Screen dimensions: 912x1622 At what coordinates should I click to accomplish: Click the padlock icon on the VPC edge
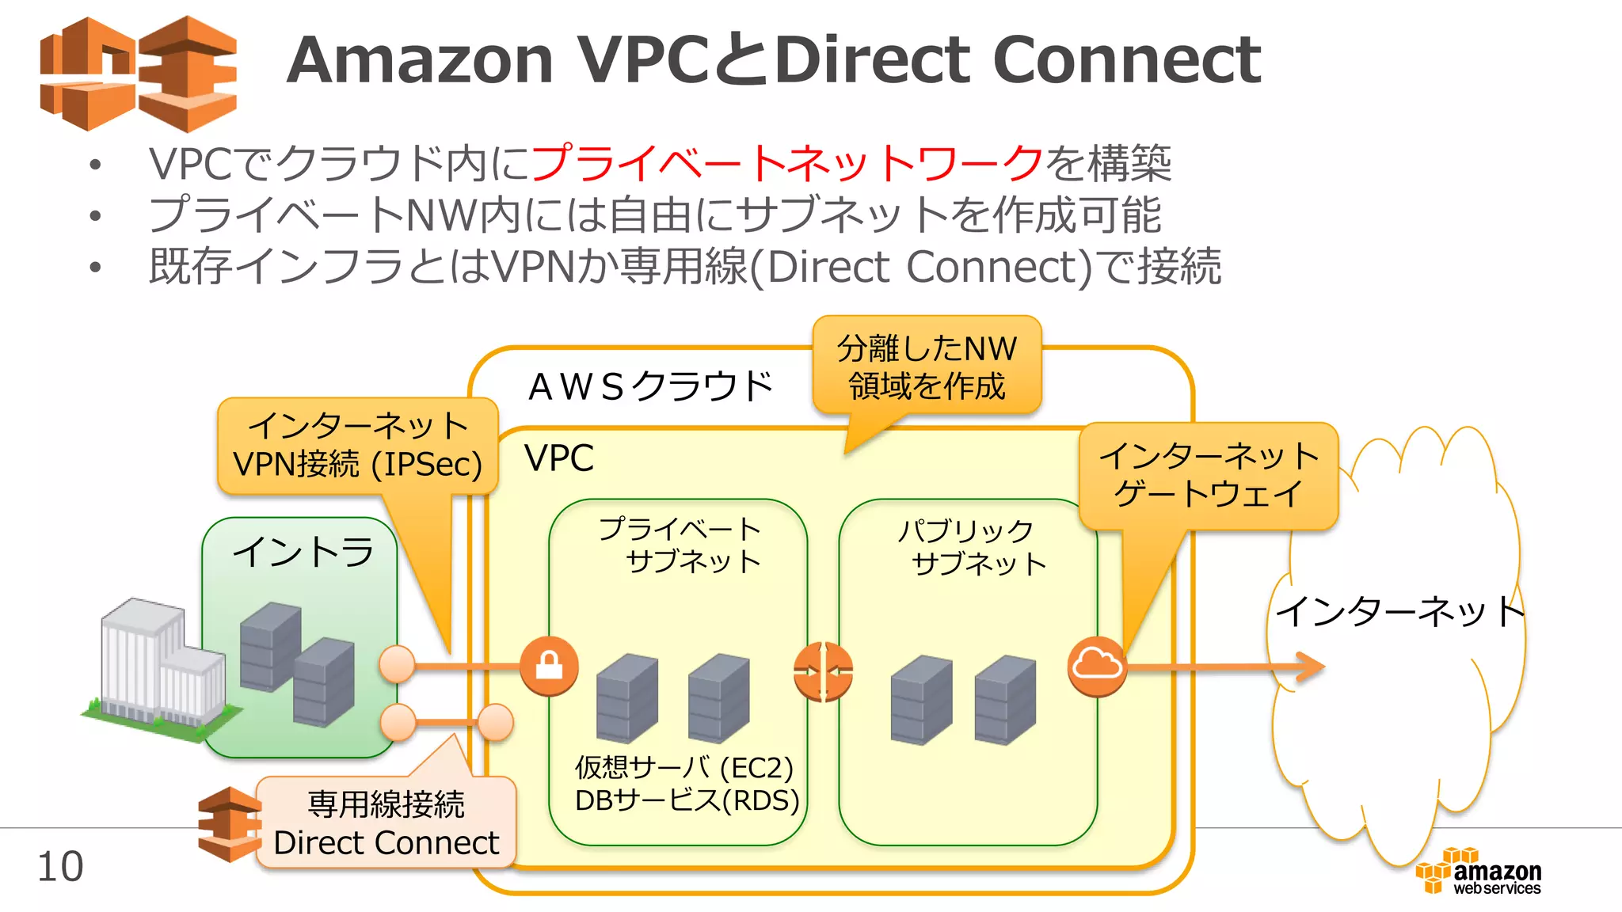point(549,666)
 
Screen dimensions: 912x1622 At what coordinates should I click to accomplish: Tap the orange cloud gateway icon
point(1097,666)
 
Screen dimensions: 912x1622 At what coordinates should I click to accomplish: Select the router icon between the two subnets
point(824,672)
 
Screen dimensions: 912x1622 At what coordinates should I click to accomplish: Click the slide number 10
point(60,867)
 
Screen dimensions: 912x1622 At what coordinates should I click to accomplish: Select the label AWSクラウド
point(649,387)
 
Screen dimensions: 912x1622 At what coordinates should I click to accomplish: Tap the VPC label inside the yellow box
point(559,458)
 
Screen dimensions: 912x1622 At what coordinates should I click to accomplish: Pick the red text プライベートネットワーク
point(787,163)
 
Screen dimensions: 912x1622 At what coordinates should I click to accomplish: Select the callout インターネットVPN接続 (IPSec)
point(358,446)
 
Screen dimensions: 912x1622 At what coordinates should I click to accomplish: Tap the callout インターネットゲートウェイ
point(1209,475)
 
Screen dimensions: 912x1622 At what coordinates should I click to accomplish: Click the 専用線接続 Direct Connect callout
point(386,823)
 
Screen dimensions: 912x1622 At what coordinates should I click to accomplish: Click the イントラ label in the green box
point(303,552)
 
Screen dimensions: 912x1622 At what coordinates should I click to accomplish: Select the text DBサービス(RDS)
point(687,800)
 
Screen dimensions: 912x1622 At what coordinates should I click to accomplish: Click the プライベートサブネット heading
point(680,545)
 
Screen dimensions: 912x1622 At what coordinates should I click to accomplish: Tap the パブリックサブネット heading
point(969,547)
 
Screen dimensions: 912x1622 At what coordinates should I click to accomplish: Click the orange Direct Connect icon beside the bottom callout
point(228,824)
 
